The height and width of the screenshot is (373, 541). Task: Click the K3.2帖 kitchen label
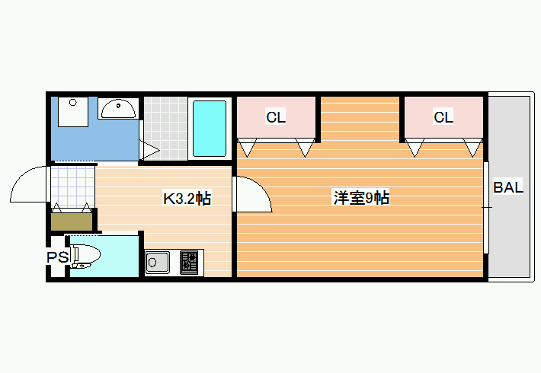[x=187, y=199]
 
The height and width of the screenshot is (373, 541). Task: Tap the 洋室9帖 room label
[x=361, y=198]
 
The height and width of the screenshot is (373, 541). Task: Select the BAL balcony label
[x=508, y=187]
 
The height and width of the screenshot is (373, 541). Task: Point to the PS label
[x=58, y=257]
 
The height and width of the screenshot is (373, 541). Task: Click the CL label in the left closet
[x=276, y=117]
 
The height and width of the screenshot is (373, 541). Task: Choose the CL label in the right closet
[x=443, y=117]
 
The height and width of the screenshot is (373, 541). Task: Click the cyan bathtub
[x=210, y=128]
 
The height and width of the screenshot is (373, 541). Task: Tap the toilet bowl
[x=85, y=256]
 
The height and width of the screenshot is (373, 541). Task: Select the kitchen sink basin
[x=157, y=263]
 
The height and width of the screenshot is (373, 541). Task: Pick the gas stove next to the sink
[x=190, y=263]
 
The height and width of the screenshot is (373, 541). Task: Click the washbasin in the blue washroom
[x=118, y=109]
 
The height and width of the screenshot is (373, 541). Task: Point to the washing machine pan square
[x=73, y=112]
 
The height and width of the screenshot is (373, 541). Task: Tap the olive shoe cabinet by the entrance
[x=72, y=222]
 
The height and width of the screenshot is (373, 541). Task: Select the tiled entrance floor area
[x=73, y=186]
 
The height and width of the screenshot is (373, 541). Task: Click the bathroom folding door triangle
[x=149, y=150]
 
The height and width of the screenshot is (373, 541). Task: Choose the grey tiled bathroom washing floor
[x=165, y=128]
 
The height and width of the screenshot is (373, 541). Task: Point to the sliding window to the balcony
[x=486, y=208]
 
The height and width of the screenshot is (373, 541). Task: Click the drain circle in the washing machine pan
[x=73, y=103]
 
